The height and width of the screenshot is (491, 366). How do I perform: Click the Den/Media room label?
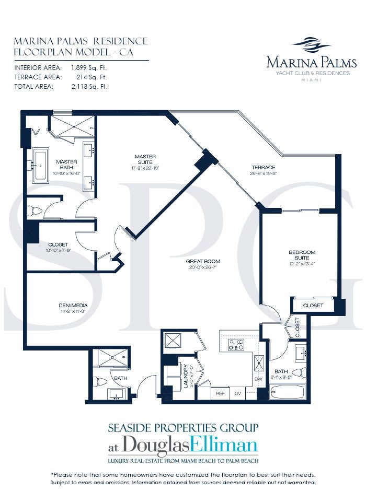click(73, 306)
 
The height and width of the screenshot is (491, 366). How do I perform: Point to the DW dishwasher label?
click(259, 379)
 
